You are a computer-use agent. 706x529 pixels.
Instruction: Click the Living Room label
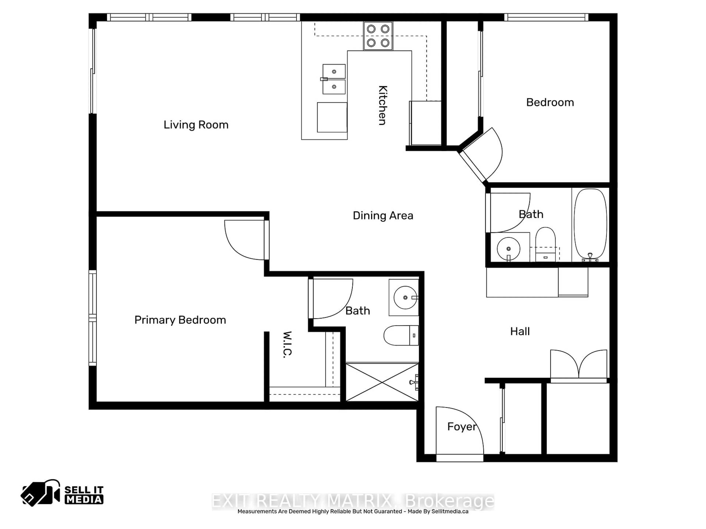click(196, 125)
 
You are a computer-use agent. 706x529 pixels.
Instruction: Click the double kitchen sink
click(334, 79)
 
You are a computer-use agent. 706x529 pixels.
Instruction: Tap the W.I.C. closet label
click(287, 345)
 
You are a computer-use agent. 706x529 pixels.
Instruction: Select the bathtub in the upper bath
click(590, 224)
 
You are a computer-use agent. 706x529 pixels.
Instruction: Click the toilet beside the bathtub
click(545, 244)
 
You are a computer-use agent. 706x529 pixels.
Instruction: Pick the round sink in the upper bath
click(508, 249)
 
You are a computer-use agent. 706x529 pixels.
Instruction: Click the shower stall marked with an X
click(382, 382)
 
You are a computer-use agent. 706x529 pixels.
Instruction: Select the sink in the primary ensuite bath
click(405, 298)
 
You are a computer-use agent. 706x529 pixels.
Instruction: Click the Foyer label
click(461, 427)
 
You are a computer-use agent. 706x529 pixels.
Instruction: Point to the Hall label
click(520, 332)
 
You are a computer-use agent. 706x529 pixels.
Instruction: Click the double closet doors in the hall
click(579, 364)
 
